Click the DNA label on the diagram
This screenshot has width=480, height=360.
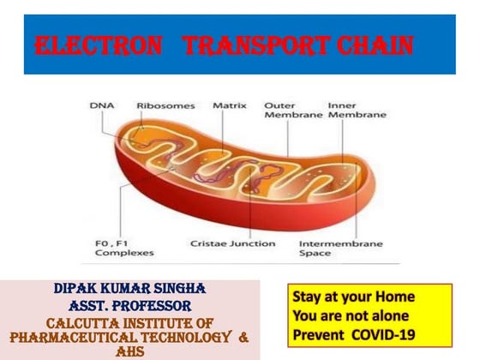pos(101,106)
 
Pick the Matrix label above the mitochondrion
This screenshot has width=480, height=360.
pos(230,106)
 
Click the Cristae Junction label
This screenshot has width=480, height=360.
pos(233,243)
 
